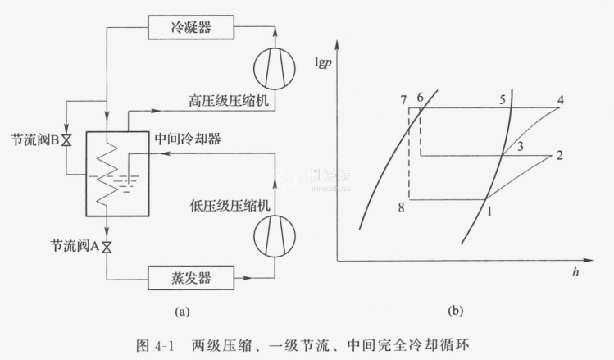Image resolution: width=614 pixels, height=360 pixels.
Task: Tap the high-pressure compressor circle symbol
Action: click(275, 66)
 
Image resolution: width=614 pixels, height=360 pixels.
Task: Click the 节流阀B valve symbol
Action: click(66, 140)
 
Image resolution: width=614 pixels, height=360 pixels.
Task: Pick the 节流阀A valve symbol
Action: click(107, 247)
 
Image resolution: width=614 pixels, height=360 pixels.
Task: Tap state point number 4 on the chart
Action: click(560, 101)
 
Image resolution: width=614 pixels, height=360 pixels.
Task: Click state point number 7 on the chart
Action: click(403, 100)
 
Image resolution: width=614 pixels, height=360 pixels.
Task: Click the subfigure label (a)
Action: click(182, 311)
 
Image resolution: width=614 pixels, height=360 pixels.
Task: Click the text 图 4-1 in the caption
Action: click(183, 344)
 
